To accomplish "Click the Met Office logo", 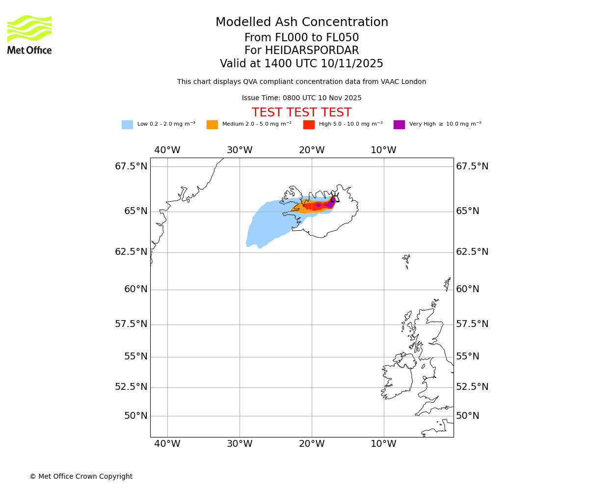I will [29, 34].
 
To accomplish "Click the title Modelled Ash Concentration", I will [301, 23].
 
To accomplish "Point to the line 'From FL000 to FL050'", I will [301, 38].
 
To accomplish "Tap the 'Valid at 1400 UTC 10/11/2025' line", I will [301, 64].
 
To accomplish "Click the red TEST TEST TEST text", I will [301, 113].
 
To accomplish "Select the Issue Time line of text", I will [301, 98].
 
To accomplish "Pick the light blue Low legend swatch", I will [127, 125].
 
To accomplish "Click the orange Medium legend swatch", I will [212, 125].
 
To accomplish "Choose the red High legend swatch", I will [309, 125].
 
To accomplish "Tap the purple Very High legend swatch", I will [399, 125].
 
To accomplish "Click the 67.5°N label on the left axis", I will [131, 166].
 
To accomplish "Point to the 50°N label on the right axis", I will [467, 416].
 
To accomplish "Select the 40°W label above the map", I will [167, 150].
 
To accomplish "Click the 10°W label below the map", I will [383, 444].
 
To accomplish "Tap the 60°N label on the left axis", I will [135, 289].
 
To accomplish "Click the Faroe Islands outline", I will [406, 260].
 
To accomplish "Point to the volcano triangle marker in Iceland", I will [335, 198].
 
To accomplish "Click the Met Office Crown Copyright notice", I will [81, 477].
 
